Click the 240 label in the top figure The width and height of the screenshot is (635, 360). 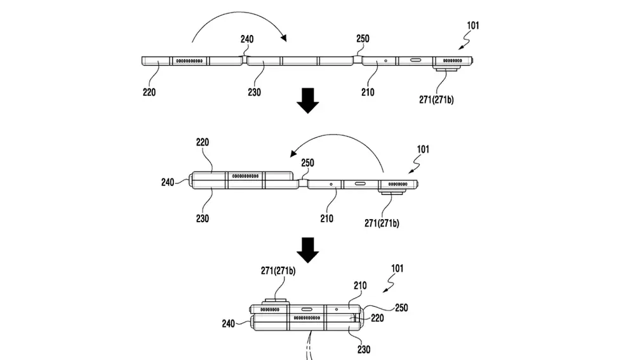pyautogui.click(x=247, y=39)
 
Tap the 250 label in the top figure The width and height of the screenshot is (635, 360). pyautogui.click(x=363, y=39)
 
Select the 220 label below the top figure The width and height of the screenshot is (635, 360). pyautogui.click(x=149, y=92)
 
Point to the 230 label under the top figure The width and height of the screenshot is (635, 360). pyautogui.click(x=255, y=92)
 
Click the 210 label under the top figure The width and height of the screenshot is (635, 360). pyautogui.click(x=368, y=92)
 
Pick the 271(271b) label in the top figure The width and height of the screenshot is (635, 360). pyautogui.click(x=436, y=100)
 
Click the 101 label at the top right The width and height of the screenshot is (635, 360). pyautogui.click(x=473, y=25)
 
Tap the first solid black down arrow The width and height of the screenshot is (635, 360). pyautogui.click(x=308, y=100)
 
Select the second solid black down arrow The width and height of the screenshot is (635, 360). pyautogui.click(x=308, y=250)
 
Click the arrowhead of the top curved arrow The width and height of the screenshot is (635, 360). pyautogui.click(x=284, y=38)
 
